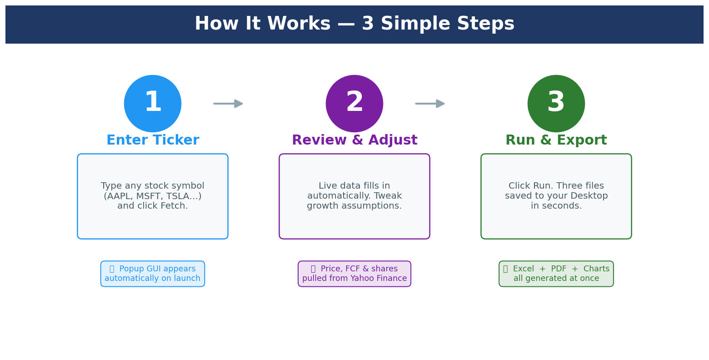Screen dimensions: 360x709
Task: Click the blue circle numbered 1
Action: pyautogui.click(x=153, y=104)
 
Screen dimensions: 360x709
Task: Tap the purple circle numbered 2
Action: pyautogui.click(x=354, y=104)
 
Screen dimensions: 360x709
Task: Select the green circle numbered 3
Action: pyautogui.click(x=556, y=104)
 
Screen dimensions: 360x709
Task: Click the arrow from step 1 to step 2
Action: pyautogui.click(x=229, y=104)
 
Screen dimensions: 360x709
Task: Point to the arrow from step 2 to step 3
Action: pyautogui.click(x=430, y=104)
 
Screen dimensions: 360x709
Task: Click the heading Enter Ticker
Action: pyautogui.click(x=153, y=140)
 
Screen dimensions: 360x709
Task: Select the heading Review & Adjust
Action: pyautogui.click(x=354, y=140)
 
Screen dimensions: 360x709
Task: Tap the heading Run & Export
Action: pyautogui.click(x=556, y=140)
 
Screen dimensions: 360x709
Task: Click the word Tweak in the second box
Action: pyautogui.click(x=387, y=196)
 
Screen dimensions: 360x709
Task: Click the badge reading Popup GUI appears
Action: pyautogui.click(x=153, y=274)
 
